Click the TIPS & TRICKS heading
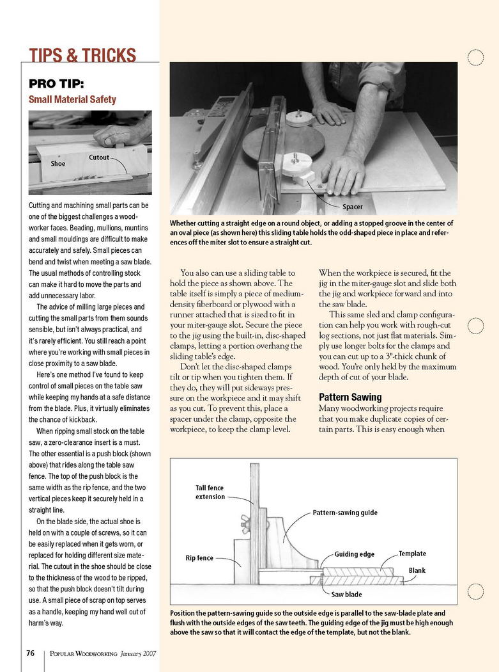(x=82, y=55)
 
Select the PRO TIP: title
(x=56, y=84)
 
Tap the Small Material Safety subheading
(x=72, y=99)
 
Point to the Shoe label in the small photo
(x=58, y=163)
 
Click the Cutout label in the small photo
(x=98, y=157)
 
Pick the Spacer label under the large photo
(x=353, y=207)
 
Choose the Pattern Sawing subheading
(x=350, y=397)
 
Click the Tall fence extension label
(x=210, y=492)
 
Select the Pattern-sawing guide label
(x=345, y=513)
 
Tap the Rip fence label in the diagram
(x=199, y=558)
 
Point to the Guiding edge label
(x=355, y=554)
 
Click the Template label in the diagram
(x=412, y=554)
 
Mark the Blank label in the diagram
(x=417, y=570)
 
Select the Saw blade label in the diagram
(x=347, y=595)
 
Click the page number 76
(x=30, y=653)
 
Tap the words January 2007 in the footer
(x=138, y=654)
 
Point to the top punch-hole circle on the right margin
(x=475, y=58)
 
